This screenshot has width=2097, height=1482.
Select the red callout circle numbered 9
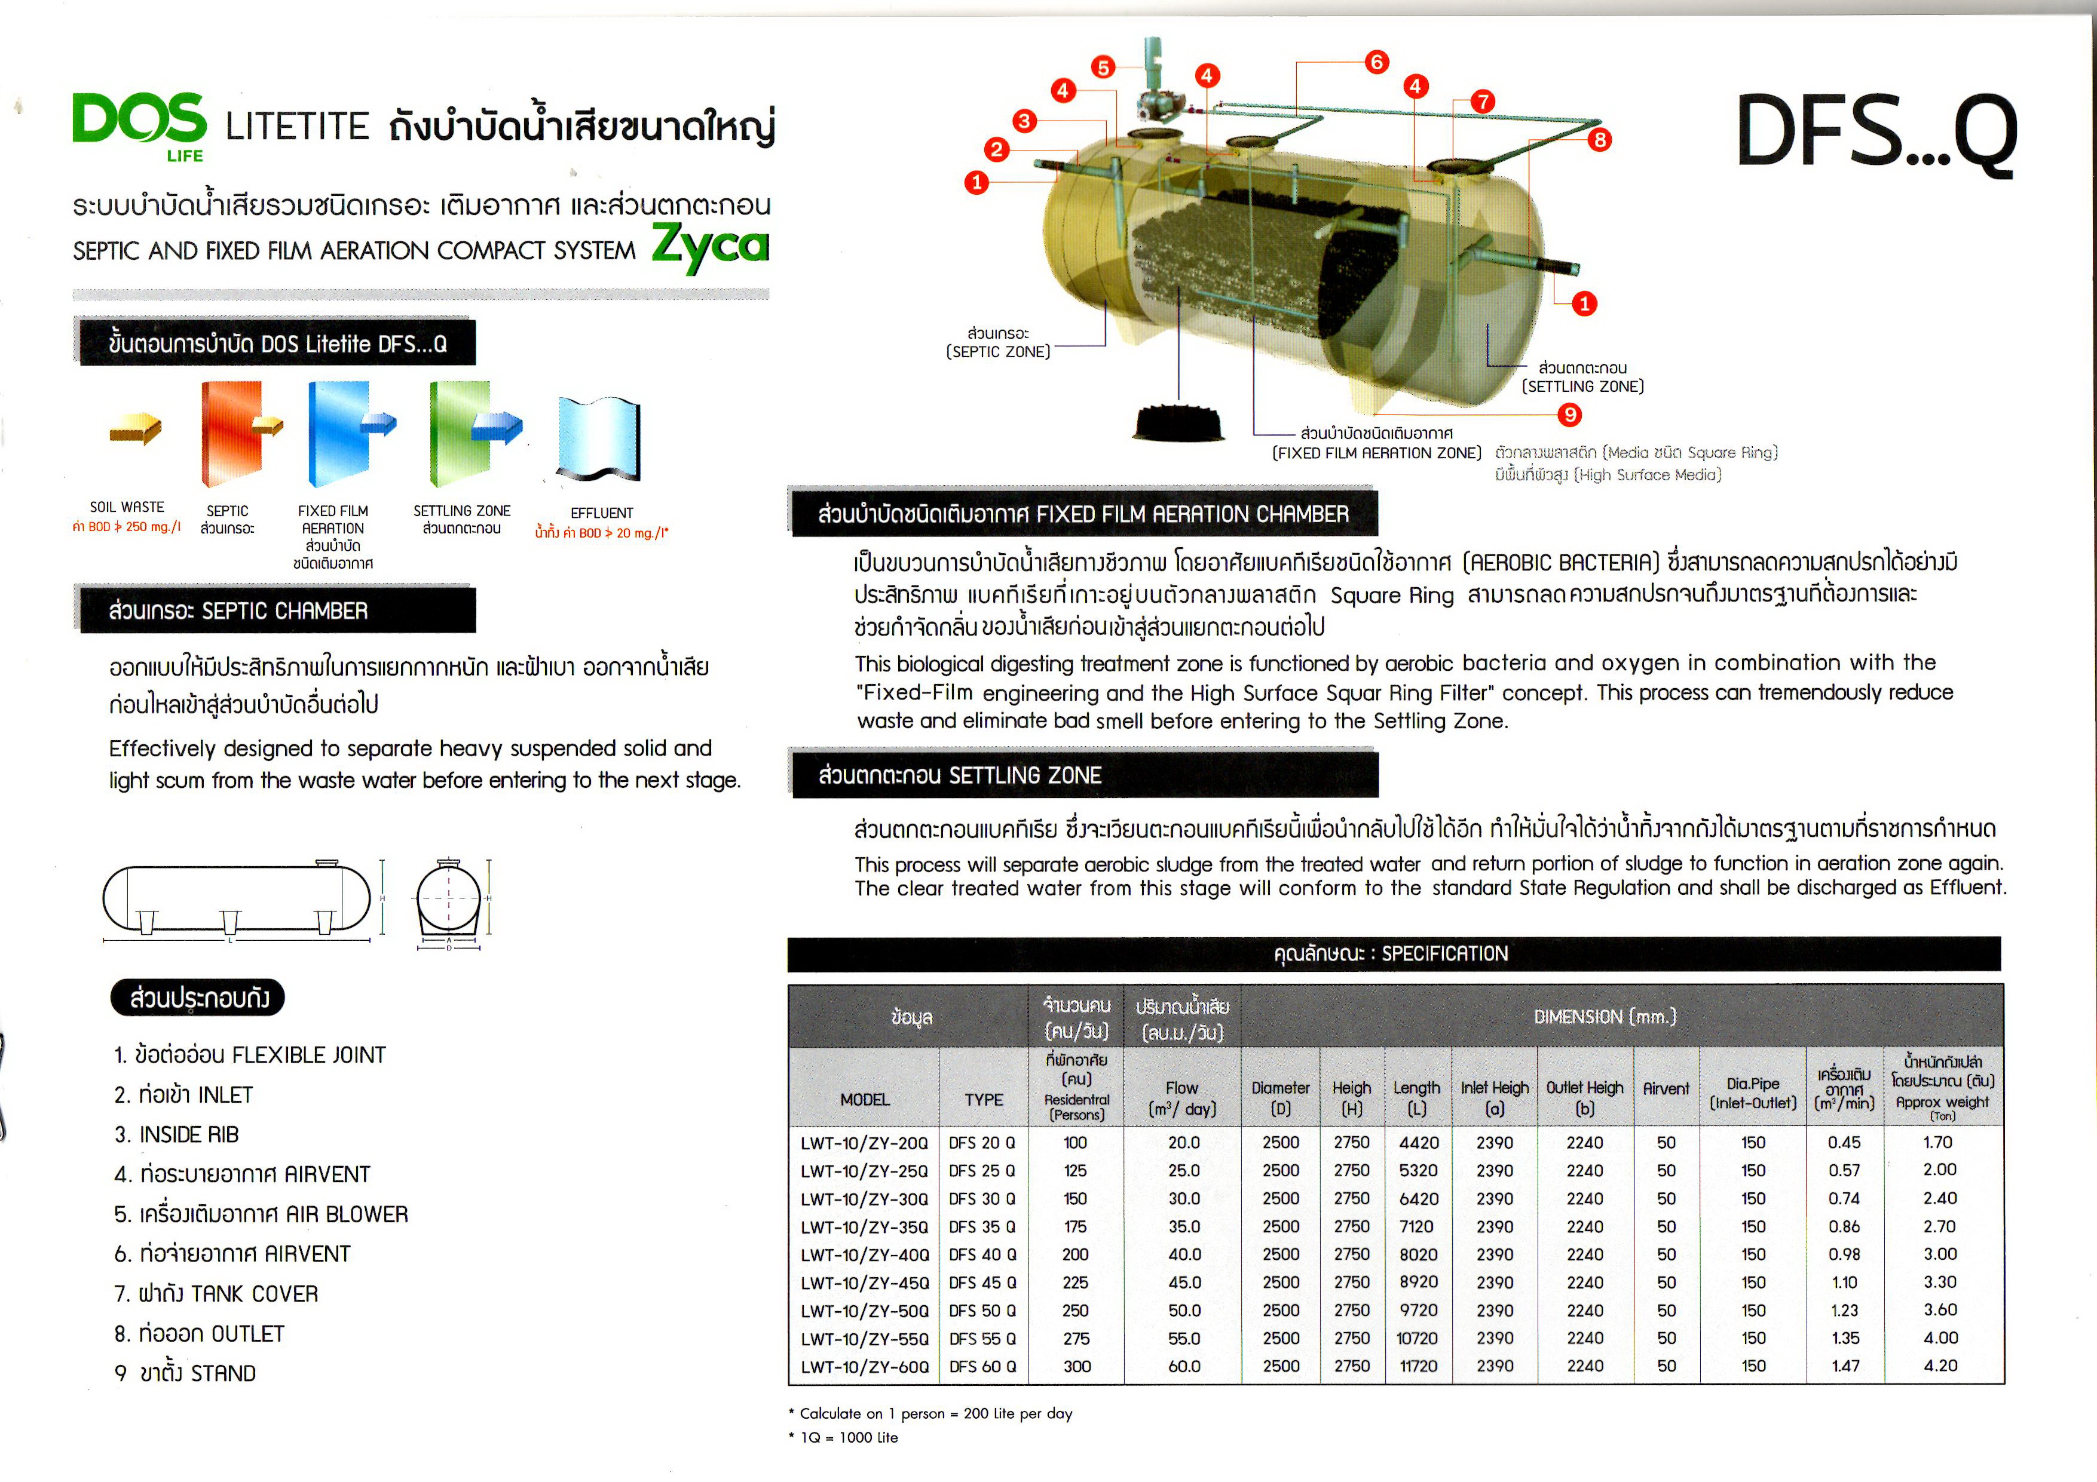1569,415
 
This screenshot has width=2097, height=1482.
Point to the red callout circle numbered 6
1376,62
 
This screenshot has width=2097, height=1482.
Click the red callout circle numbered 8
1599,140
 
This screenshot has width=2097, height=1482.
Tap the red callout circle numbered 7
1482,102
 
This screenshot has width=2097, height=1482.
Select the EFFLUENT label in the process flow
601,513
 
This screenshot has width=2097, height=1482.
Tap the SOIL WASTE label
127,507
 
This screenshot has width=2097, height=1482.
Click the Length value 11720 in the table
1418,1366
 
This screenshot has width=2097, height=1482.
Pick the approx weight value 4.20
1940,1365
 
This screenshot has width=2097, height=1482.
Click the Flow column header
1182,1097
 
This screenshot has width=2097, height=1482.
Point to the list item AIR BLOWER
261,1214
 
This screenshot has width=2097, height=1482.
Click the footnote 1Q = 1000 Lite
844,1437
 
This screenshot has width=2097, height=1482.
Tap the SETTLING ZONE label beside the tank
1583,377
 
